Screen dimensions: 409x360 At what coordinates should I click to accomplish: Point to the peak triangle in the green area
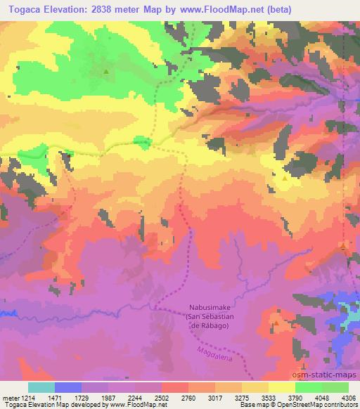pyautogui.click(x=106, y=72)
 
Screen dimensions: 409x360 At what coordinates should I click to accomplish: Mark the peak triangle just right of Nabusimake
pyautogui.click(x=276, y=324)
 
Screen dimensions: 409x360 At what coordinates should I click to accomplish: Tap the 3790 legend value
pyautogui.click(x=295, y=398)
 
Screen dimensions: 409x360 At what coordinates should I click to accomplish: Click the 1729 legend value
pyautogui.click(x=82, y=398)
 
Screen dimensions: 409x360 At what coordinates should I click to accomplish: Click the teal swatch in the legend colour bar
pyautogui.click(x=41, y=387)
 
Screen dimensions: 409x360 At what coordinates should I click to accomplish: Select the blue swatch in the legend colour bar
pyautogui.click(x=67, y=387)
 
